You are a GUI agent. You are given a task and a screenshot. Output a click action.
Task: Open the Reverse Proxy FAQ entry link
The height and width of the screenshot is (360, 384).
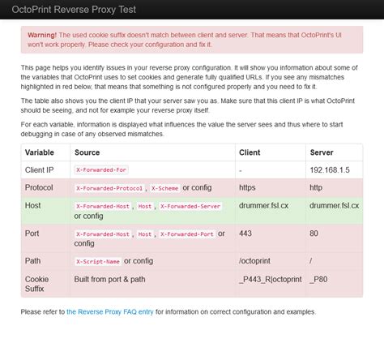[110, 311]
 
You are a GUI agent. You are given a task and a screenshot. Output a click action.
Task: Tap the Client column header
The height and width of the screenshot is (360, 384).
[250, 152]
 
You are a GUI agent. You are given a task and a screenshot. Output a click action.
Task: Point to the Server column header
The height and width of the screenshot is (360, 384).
[322, 152]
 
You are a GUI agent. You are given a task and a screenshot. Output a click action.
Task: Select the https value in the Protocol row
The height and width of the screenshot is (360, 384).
[248, 187]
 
